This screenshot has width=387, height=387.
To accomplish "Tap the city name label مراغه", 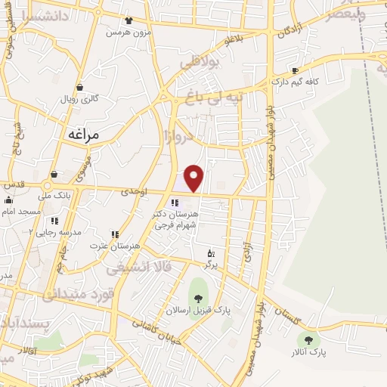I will pyautogui.click(x=83, y=134).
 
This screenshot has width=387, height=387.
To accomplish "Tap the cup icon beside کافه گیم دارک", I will pyautogui.click(x=305, y=70).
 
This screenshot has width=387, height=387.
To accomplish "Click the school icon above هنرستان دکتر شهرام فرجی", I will pyautogui.click(x=175, y=203).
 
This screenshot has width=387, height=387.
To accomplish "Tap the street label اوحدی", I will pyautogui.click(x=133, y=193).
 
